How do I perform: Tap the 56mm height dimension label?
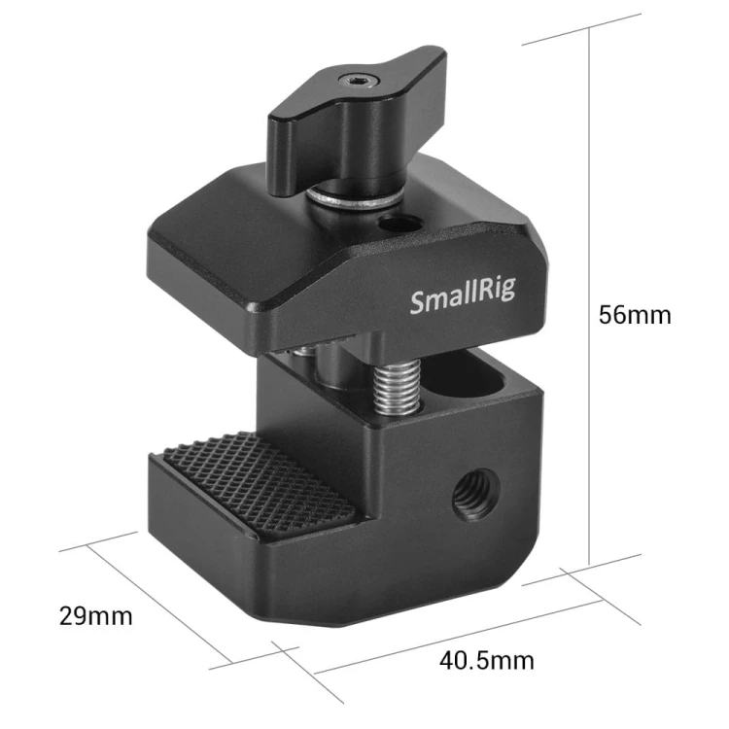coord(635,315)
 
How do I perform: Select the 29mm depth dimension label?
coord(96,616)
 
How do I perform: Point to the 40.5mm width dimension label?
coord(486,661)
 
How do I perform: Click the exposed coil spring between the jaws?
coord(398,387)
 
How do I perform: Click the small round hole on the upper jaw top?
coord(400,226)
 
